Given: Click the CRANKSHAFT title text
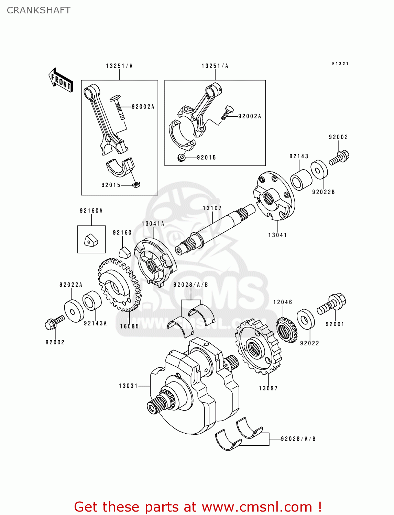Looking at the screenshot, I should (x=39, y=10).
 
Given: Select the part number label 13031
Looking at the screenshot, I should (x=128, y=386).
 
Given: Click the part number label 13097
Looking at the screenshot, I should (x=268, y=388).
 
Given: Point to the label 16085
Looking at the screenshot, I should (x=129, y=327).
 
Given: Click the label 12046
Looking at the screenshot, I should (x=283, y=302).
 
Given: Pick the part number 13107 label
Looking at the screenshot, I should (x=212, y=208).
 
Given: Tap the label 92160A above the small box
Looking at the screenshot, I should (x=91, y=211).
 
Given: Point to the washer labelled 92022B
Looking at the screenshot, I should (x=319, y=170).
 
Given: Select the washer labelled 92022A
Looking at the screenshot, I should (x=74, y=311).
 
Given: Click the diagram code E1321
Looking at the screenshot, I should (x=340, y=64).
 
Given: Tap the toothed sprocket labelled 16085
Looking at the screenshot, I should (x=119, y=285).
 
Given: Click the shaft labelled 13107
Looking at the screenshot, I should (x=215, y=228).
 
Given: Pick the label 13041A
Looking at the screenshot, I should (x=153, y=224).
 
